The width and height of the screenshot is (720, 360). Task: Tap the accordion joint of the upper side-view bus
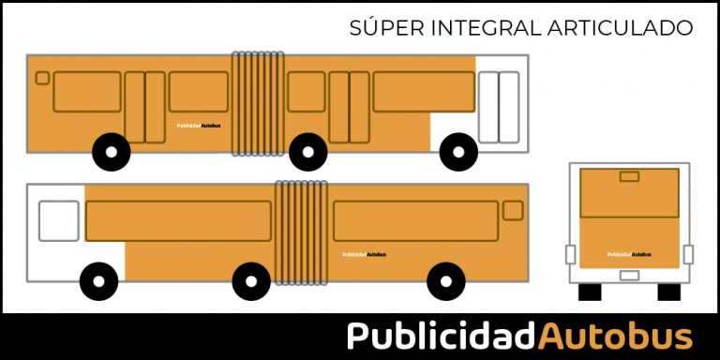[258, 102]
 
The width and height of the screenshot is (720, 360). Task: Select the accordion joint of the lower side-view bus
[301, 232]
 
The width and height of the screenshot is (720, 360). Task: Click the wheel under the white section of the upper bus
[458, 151]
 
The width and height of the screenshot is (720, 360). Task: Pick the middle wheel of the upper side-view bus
[307, 152]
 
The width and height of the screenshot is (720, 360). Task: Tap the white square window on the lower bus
[58, 220]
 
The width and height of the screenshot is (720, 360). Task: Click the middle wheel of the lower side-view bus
[251, 280]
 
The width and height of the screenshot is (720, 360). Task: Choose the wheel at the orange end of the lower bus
[445, 280]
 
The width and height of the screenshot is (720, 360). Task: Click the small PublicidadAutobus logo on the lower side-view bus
[364, 254]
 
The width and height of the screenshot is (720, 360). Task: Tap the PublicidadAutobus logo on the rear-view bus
[628, 254]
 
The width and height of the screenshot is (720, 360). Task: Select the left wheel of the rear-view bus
[590, 292]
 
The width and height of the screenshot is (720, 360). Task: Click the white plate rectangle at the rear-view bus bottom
[629, 276]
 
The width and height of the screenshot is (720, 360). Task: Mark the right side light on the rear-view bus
[688, 254]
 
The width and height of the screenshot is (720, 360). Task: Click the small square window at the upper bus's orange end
[42, 78]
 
